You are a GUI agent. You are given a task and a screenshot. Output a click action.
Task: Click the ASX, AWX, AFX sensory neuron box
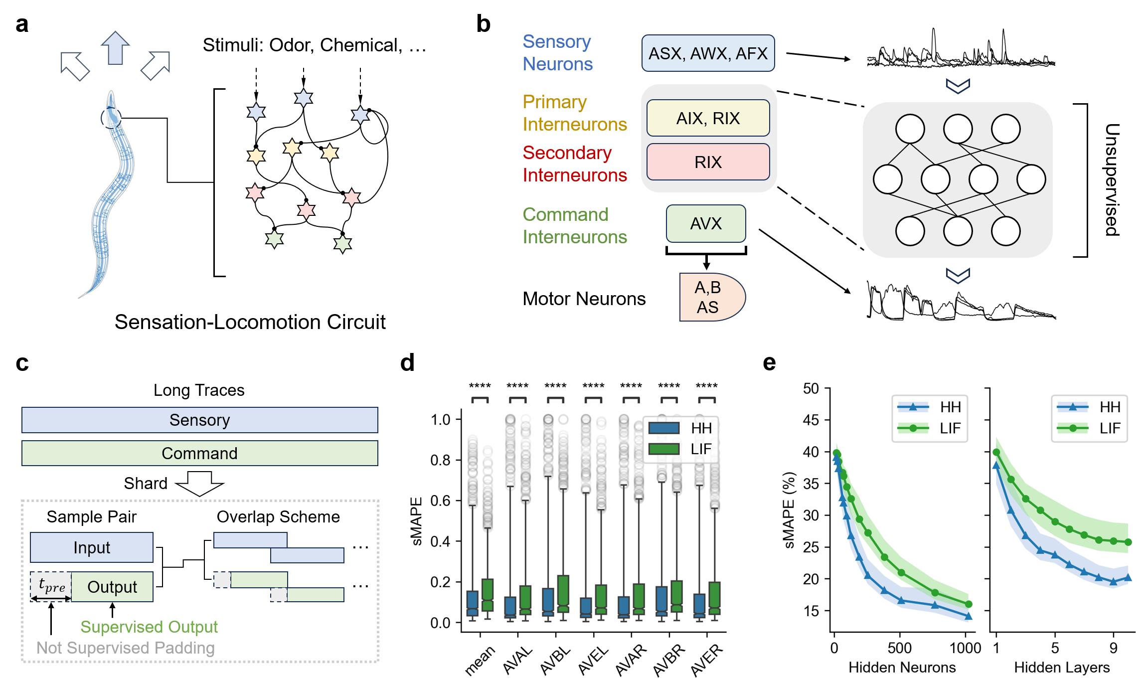[x=707, y=53]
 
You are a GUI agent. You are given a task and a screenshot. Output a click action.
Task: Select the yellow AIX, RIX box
[x=707, y=118]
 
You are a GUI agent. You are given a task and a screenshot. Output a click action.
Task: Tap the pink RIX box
[x=707, y=162]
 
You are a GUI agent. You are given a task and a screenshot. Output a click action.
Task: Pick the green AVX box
[x=705, y=223]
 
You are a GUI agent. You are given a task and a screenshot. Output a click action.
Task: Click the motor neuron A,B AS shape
[x=710, y=297]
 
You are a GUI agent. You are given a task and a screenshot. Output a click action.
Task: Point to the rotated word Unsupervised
[x=1113, y=179]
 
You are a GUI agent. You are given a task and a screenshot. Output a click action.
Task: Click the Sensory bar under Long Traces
[x=199, y=420]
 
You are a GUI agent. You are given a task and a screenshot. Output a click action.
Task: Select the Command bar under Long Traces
[x=199, y=453]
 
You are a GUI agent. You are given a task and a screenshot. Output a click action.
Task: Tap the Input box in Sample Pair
[x=92, y=547]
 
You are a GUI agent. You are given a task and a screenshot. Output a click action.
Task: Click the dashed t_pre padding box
[x=51, y=586]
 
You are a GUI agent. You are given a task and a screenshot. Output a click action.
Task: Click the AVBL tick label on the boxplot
[x=555, y=659]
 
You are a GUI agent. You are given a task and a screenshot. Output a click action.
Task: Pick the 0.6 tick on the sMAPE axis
[x=441, y=501]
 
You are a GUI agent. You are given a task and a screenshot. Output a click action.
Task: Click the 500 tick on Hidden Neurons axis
[x=900, y=648]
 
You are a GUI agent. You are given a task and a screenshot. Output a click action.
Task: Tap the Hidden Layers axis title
[x=1062, y=668]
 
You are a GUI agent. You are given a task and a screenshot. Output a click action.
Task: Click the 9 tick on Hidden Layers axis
[x=1113, y=648]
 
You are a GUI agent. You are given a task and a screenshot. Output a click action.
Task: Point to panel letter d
[x=407, y=363]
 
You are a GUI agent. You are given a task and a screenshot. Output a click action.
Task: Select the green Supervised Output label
[x=149, y=627]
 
